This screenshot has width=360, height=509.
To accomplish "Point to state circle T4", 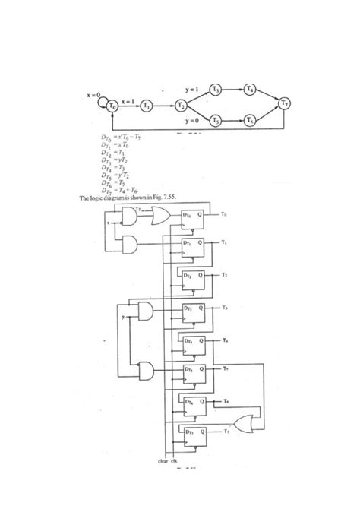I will click(251, 89).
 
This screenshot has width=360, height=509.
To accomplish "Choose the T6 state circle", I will click(251, 121).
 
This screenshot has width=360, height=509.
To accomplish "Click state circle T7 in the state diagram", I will click(284, 104).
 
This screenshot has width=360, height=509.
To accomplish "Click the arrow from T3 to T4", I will click(233, 89).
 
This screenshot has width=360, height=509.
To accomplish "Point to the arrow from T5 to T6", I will click(233, 121).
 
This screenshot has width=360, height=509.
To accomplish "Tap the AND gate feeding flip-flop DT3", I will click(144, 311).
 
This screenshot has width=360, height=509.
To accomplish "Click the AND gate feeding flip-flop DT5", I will click(144, 371).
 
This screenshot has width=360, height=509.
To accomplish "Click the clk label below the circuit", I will click(175, 460).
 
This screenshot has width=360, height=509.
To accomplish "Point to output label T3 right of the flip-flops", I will click(226, 308).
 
